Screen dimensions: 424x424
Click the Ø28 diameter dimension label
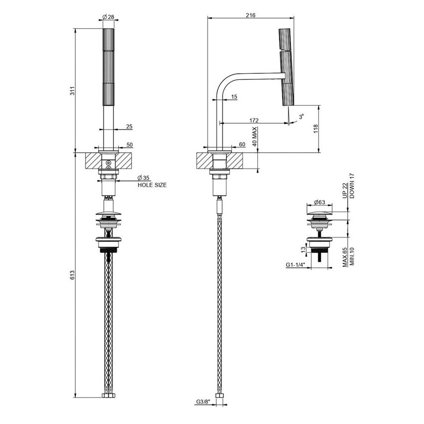pos(108,17)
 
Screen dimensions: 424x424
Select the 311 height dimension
pos(72,91)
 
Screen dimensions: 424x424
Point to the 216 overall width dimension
pos(251,15)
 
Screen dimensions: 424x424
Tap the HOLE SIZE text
pos(152,185)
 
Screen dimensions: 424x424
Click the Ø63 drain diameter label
pos(320,203)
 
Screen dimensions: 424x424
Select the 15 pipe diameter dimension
pos(234,97)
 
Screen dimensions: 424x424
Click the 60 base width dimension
pos(242,144)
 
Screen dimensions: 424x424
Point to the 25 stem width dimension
pos(129,127)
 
